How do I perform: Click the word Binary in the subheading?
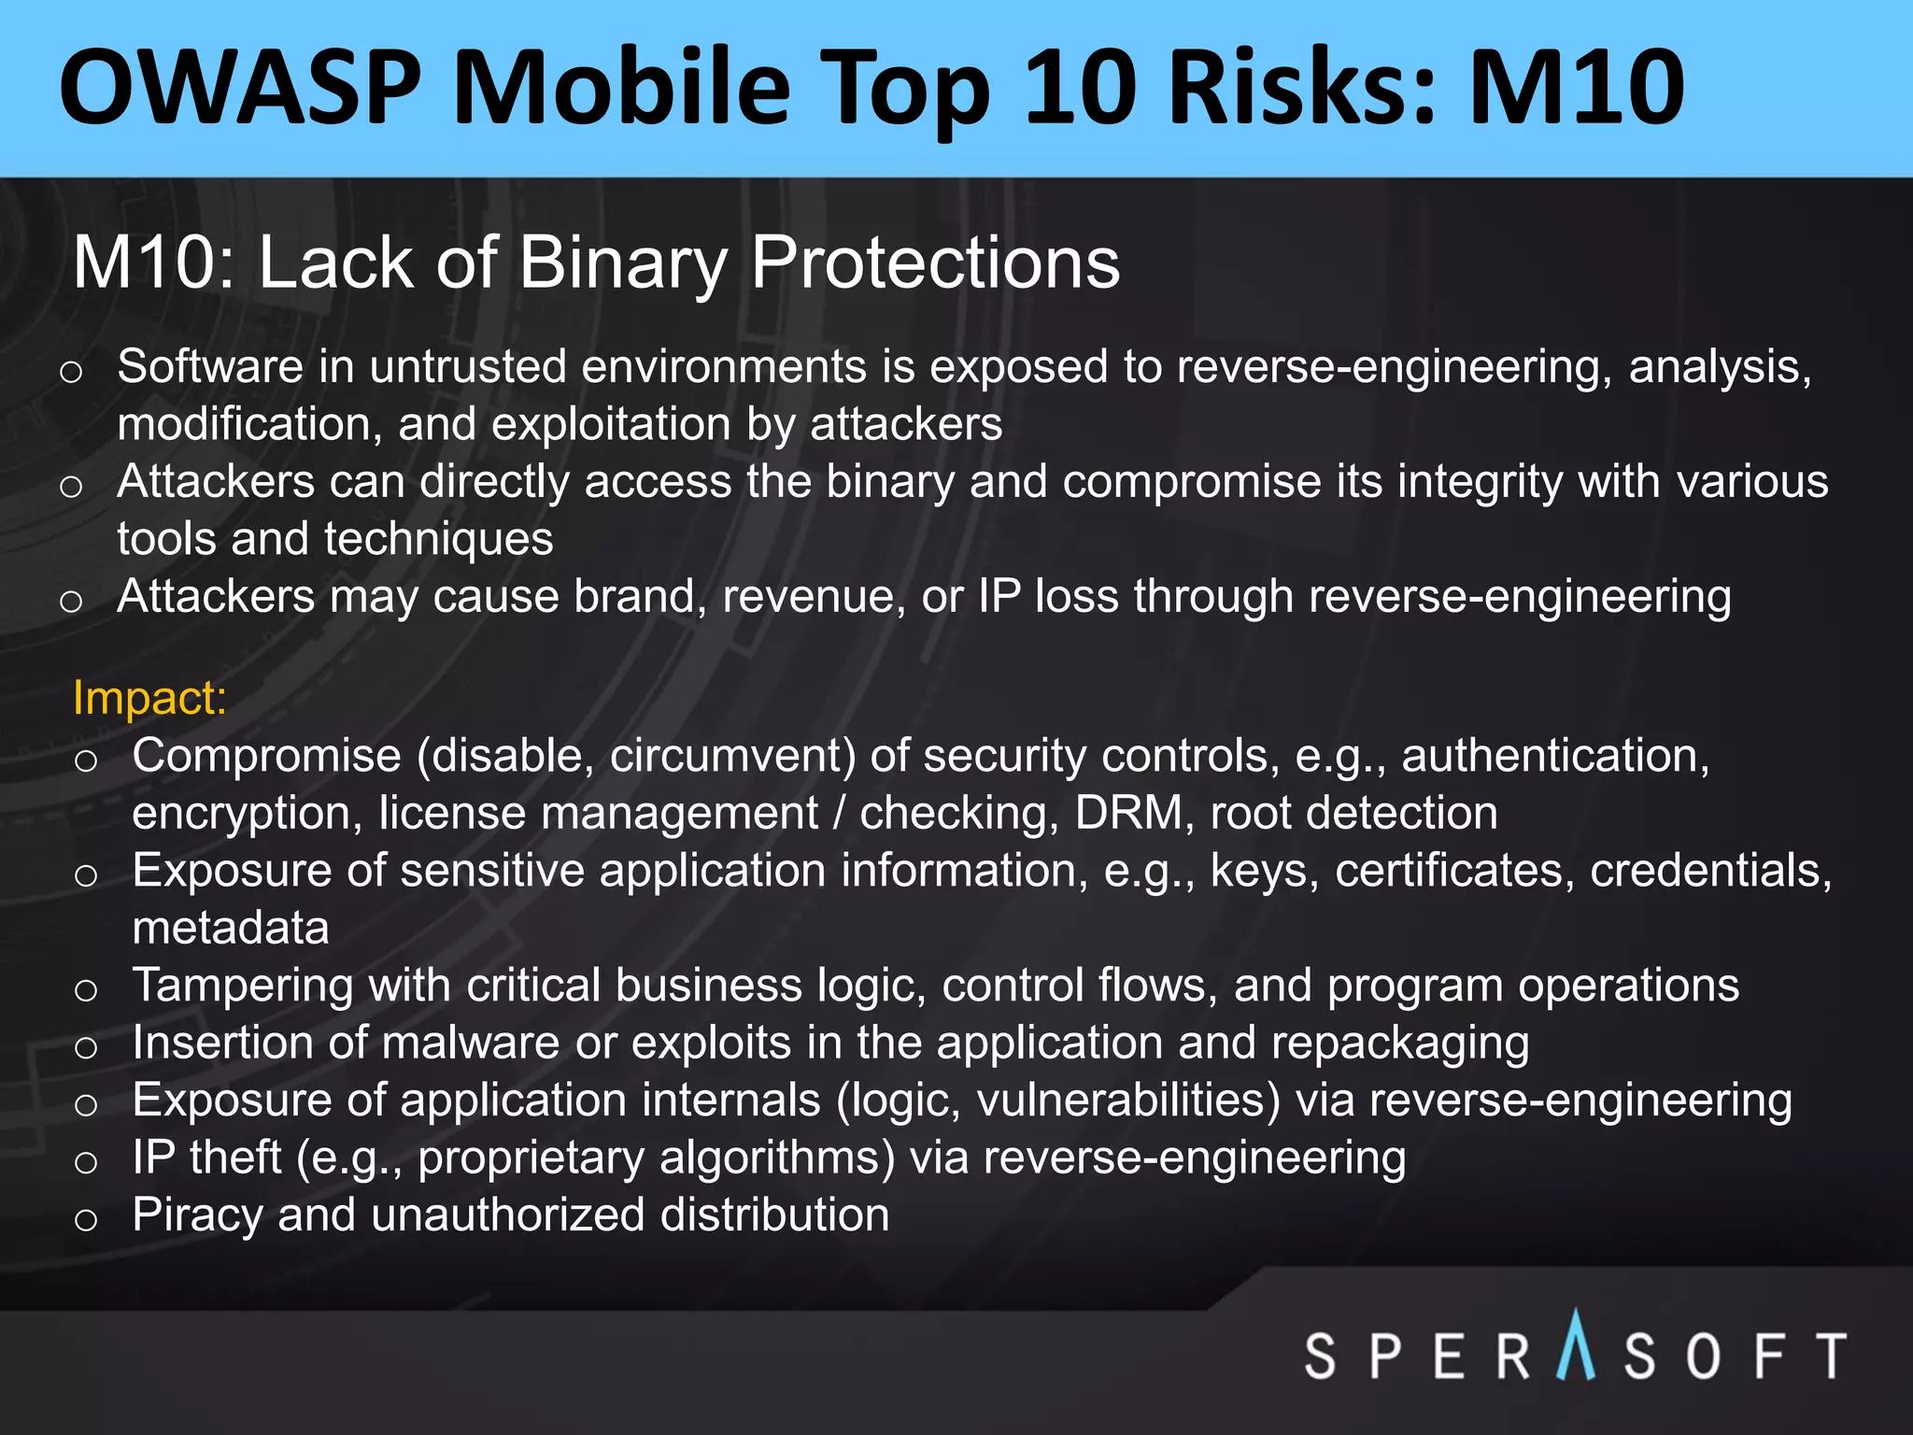(x=622, y=263)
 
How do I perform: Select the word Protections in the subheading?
(x=935, y=263)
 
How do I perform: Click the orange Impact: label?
(x=149, y=698)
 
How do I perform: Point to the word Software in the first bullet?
(x=210, y=366)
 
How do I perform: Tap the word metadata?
(x=231, y=928)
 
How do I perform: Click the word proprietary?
(x=531, y=1158)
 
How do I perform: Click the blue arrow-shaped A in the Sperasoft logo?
(x=1577, y=1346)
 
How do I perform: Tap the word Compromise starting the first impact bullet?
(x=266, y=757)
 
